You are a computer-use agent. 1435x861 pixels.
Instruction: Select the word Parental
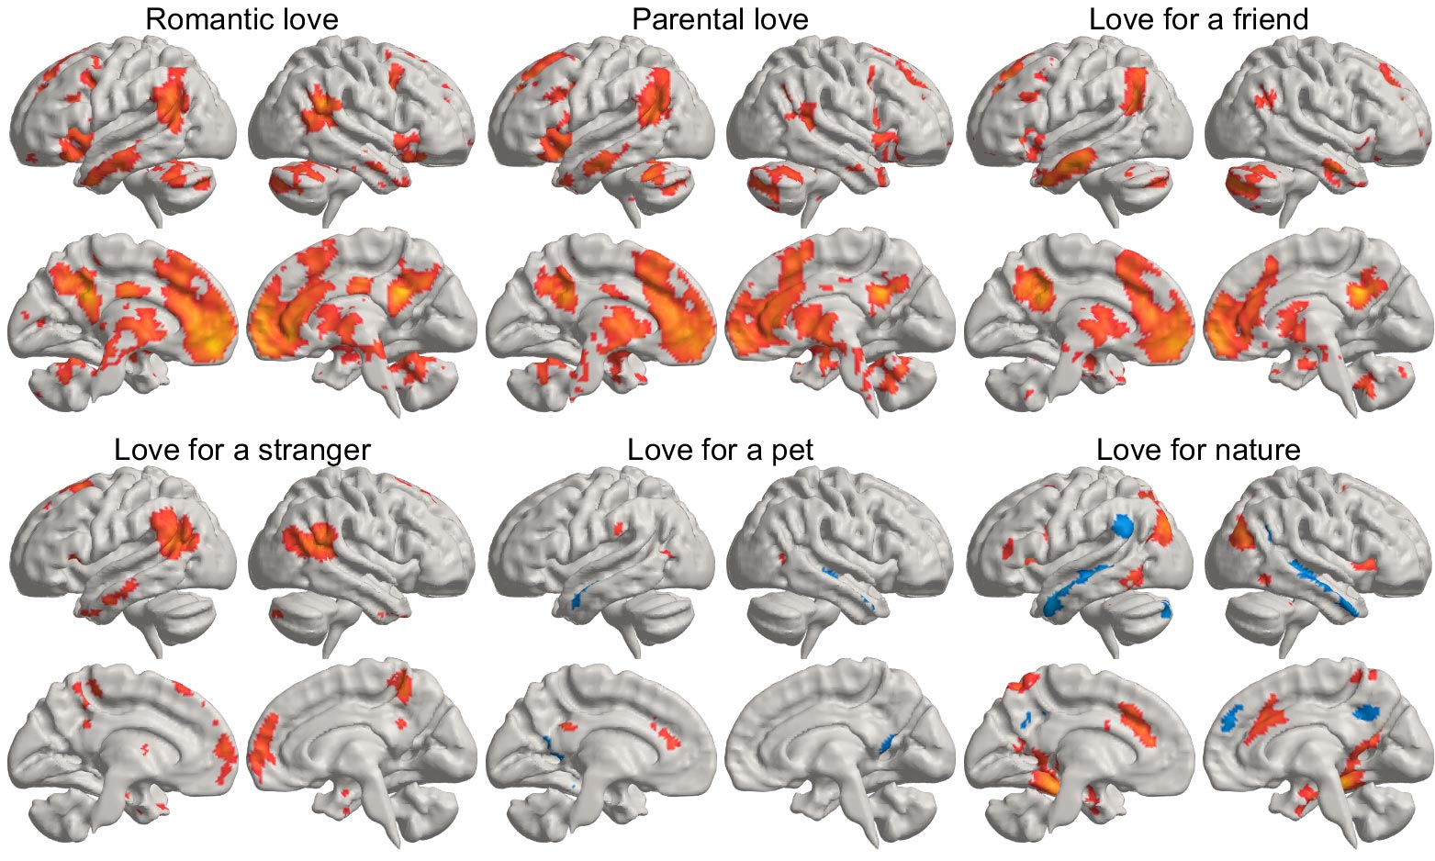(678, 19)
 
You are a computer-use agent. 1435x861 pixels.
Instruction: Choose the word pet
(791, 451)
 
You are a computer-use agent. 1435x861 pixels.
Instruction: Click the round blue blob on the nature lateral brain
(1122, 526)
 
